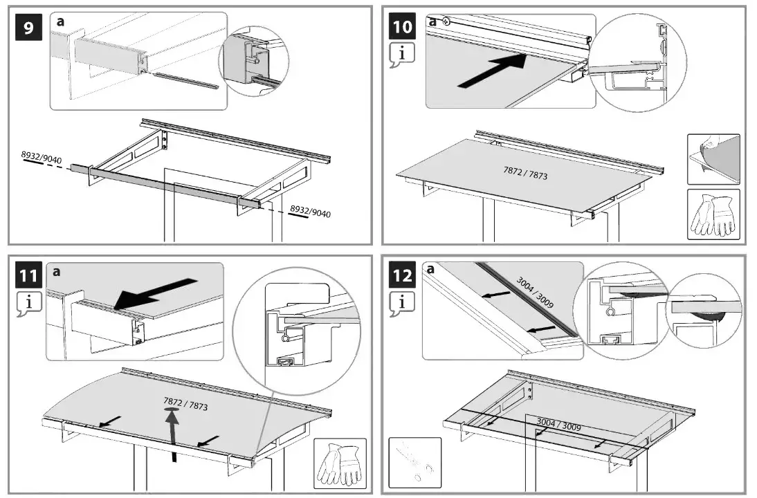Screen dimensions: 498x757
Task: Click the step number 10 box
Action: click(x=403, y=28)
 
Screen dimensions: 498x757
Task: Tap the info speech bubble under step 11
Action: click(x=28, y=303)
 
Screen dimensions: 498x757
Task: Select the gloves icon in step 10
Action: click(x=713, y=214)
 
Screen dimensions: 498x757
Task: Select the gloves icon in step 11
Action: click(x=338, y=462)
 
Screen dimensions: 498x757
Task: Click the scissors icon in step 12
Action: click(x=414, y=462)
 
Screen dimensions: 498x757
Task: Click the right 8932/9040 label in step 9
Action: click(x=310, y=211)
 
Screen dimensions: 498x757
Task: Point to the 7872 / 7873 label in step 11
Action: click(x=185, y=404)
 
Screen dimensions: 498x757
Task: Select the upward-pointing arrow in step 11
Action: click(x=172, y=433)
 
